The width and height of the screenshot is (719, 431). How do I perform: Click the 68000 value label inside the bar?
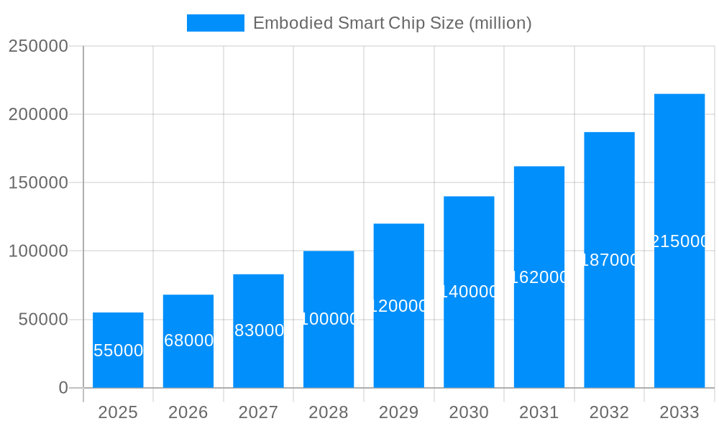point(188,340)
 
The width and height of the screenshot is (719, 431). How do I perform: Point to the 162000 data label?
point(539,277)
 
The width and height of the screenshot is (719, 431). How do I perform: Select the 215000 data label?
point(679,241)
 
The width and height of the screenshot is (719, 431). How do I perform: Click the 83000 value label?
point(259,330)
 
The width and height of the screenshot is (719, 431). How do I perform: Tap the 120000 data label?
point(399,306)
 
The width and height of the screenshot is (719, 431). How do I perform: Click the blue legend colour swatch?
point(215,23)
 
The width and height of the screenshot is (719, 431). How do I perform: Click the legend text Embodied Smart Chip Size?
point(392,23)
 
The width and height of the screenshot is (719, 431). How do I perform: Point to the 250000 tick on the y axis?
point(38,46)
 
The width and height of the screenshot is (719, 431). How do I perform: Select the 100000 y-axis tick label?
point(38,251)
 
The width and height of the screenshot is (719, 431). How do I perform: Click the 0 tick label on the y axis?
point(63,388)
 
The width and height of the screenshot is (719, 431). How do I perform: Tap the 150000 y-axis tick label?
point(38,182)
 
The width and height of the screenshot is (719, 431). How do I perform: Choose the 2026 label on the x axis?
point(188,412)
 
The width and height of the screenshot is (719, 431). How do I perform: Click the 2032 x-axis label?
point(609,412)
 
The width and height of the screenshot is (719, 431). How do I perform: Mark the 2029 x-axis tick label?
point(399,412)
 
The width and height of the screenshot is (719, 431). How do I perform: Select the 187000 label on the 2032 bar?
point(609,260)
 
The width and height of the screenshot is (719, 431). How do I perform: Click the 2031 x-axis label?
point(539,412)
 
